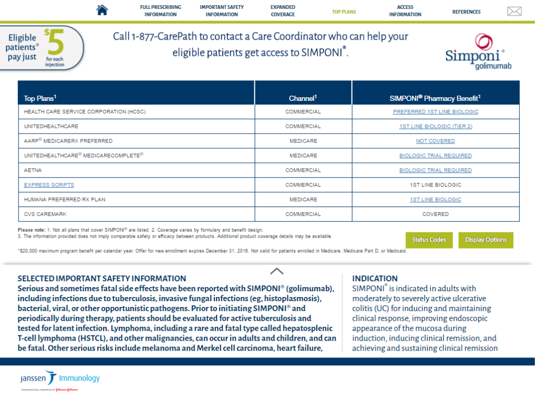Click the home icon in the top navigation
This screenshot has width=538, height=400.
[102, 10]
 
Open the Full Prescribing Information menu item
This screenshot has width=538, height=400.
[160, 11]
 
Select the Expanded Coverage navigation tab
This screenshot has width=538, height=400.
[283, 11]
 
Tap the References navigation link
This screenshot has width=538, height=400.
[466, 12]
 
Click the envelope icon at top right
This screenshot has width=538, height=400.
[514, 12]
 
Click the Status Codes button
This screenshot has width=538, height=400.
[429, 240]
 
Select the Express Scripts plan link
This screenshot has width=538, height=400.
[49, 185]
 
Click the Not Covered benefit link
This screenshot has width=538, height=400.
[436, 141]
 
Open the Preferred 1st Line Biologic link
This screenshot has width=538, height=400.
[436, 112]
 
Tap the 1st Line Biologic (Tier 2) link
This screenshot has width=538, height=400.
[436, 127]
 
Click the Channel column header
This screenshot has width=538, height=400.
[303, 98]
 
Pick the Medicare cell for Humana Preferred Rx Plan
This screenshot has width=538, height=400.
[303, 200]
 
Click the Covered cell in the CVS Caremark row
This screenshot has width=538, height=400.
[436, 214]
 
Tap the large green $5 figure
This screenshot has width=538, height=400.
[55, 43]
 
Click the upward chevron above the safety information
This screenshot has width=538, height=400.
[276, 271]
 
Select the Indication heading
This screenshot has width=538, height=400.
[375, 279]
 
